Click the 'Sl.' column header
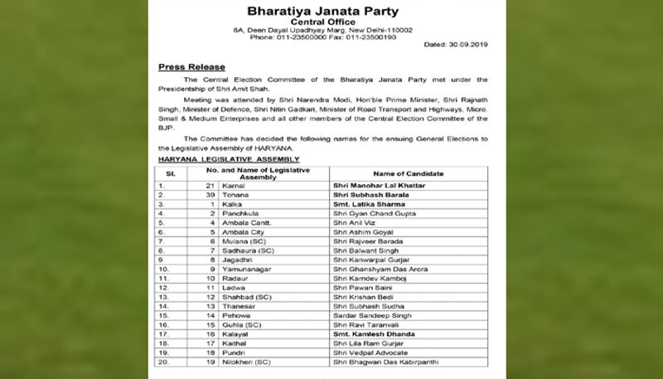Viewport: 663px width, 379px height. [170, 172]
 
